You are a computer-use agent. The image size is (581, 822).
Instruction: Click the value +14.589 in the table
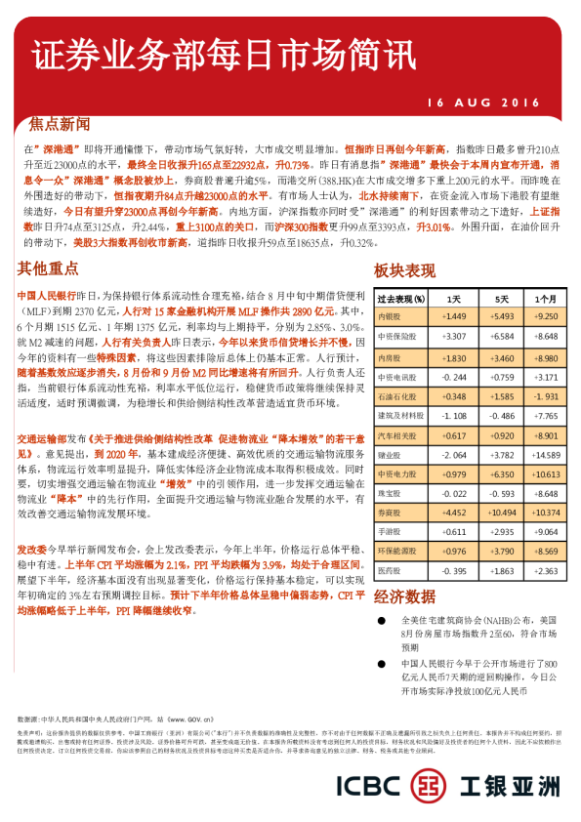click(546, 454)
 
